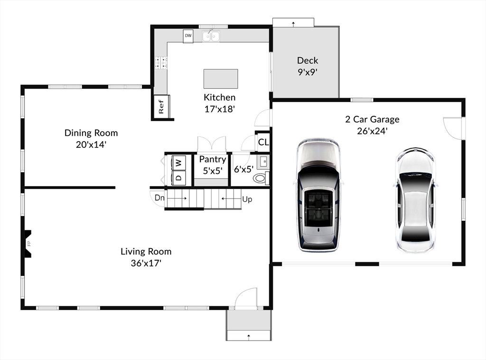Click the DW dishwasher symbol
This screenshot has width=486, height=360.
pyautogui.click(x=188, y=36)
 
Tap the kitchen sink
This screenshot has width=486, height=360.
pyautogui.click(x=211, y=36)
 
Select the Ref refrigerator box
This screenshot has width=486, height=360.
pyautogui.click(x=161, y=106)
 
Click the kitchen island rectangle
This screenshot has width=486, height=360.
pyautogui.click(x=221, y=79)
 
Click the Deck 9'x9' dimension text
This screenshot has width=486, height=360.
pyautogui.click(x=308, y=72)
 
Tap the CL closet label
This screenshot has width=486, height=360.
pyautogui.click(x=263, y=142)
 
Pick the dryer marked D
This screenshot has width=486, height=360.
pyautogui.click(x=178, y=178)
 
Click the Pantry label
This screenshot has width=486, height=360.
pyautogui.click(x=212, y=160)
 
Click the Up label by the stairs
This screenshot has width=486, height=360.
pyautogui.click(x=247, y=199)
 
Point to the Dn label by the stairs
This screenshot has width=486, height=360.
pyautogui.click(x=159, y=198)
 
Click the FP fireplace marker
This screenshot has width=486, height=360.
pyautogui.click(x=29, y=244)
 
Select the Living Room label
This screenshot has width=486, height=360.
pyautogui.click(x=146, y=251)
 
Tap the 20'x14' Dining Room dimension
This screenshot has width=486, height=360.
pyautogui.click(x=91, y=144)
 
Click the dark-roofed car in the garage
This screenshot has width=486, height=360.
pyautogui.click(x=318, y=195)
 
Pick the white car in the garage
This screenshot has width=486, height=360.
pyautogui.click(x=416, y=200)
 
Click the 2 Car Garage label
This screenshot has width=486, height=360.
pyautogui.click(x=372, y=119)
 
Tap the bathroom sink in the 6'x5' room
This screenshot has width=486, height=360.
pyautogui.click(x=263, y=162)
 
